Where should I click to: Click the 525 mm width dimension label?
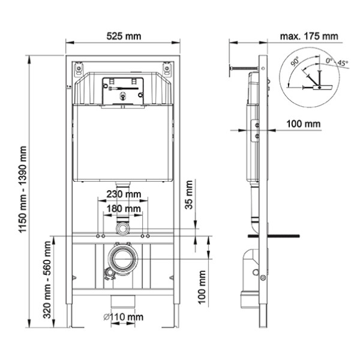[124, 35]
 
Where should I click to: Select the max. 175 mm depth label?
[308, 35]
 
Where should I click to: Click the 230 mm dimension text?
[124, 194]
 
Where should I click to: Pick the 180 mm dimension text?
[124, 208]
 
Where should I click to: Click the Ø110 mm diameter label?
[124, 316]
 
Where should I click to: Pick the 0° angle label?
[329, 61]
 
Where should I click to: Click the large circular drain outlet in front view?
[123, 257]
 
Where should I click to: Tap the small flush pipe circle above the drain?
[124, 228]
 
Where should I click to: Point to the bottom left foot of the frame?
[73, 321]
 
